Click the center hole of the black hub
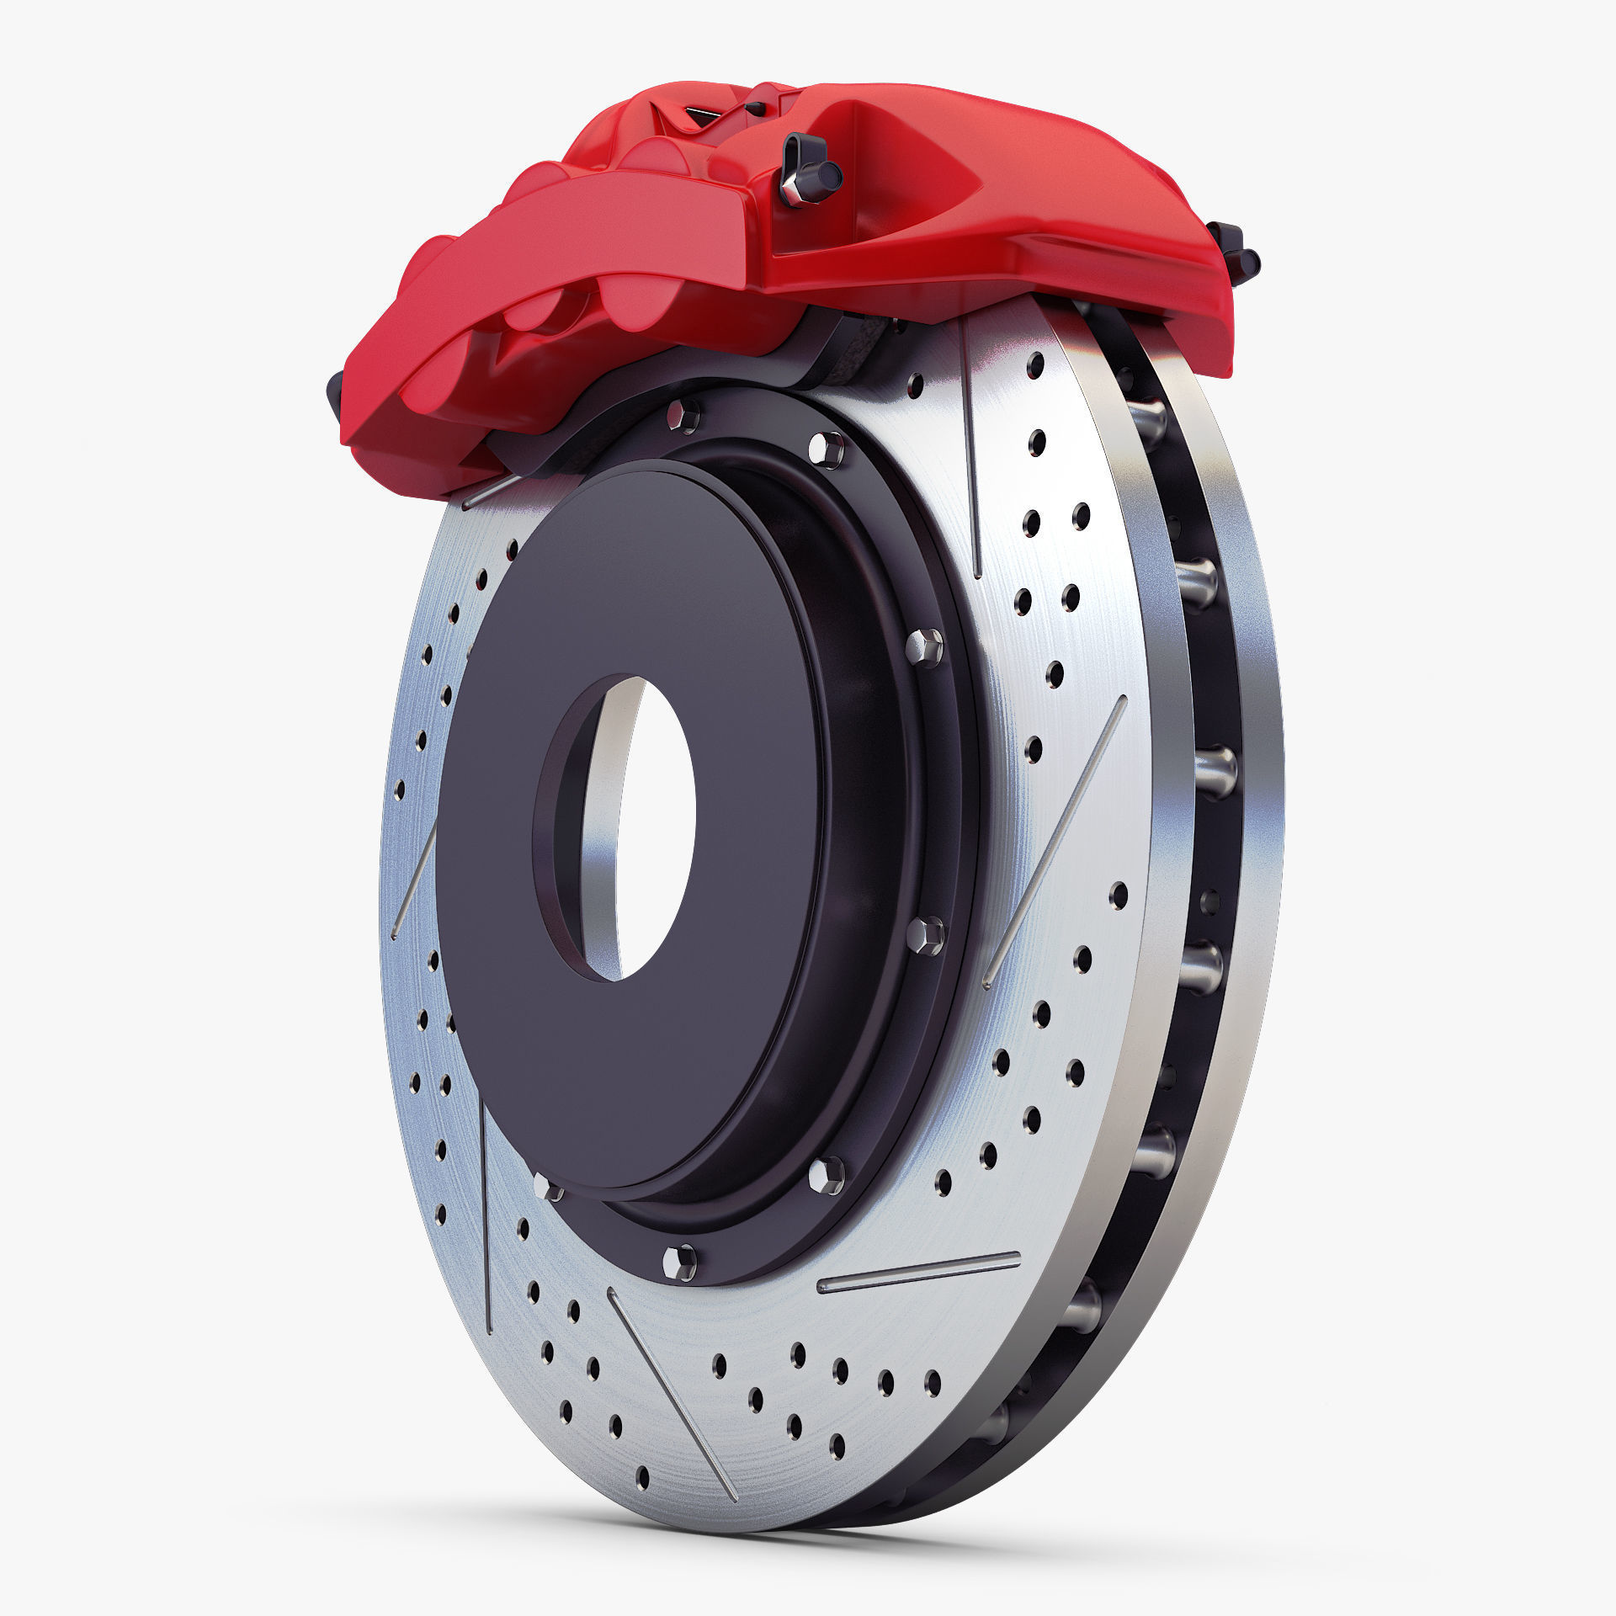pos(652,829)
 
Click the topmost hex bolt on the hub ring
pos(681,416)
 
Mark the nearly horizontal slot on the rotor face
pos(918,1295)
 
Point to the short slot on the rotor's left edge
pos(414,880)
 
